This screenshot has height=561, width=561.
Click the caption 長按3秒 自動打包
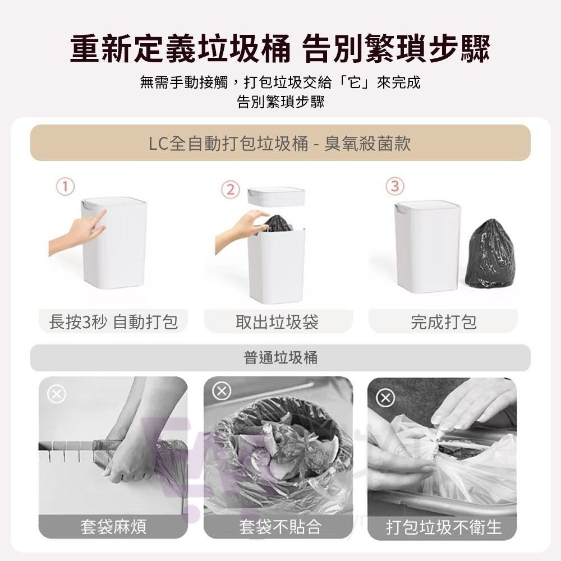point(113,322)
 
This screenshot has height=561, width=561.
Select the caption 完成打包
point(443,322)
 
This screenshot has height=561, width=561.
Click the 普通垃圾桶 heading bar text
point(280,358)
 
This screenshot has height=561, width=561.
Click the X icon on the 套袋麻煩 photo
point(56,394)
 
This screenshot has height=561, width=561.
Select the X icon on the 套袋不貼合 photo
point(221,392)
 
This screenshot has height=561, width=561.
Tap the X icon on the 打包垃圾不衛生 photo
point(385,398)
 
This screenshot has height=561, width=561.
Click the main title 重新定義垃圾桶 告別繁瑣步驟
point(280,49)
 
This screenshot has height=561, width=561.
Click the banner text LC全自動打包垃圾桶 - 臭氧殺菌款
point(280,144)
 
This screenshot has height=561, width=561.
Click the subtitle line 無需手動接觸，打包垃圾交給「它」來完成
point(280,83)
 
